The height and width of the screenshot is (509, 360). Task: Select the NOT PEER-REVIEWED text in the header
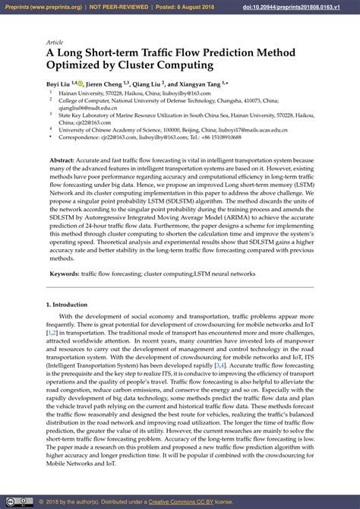click(x=117, y=6)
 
